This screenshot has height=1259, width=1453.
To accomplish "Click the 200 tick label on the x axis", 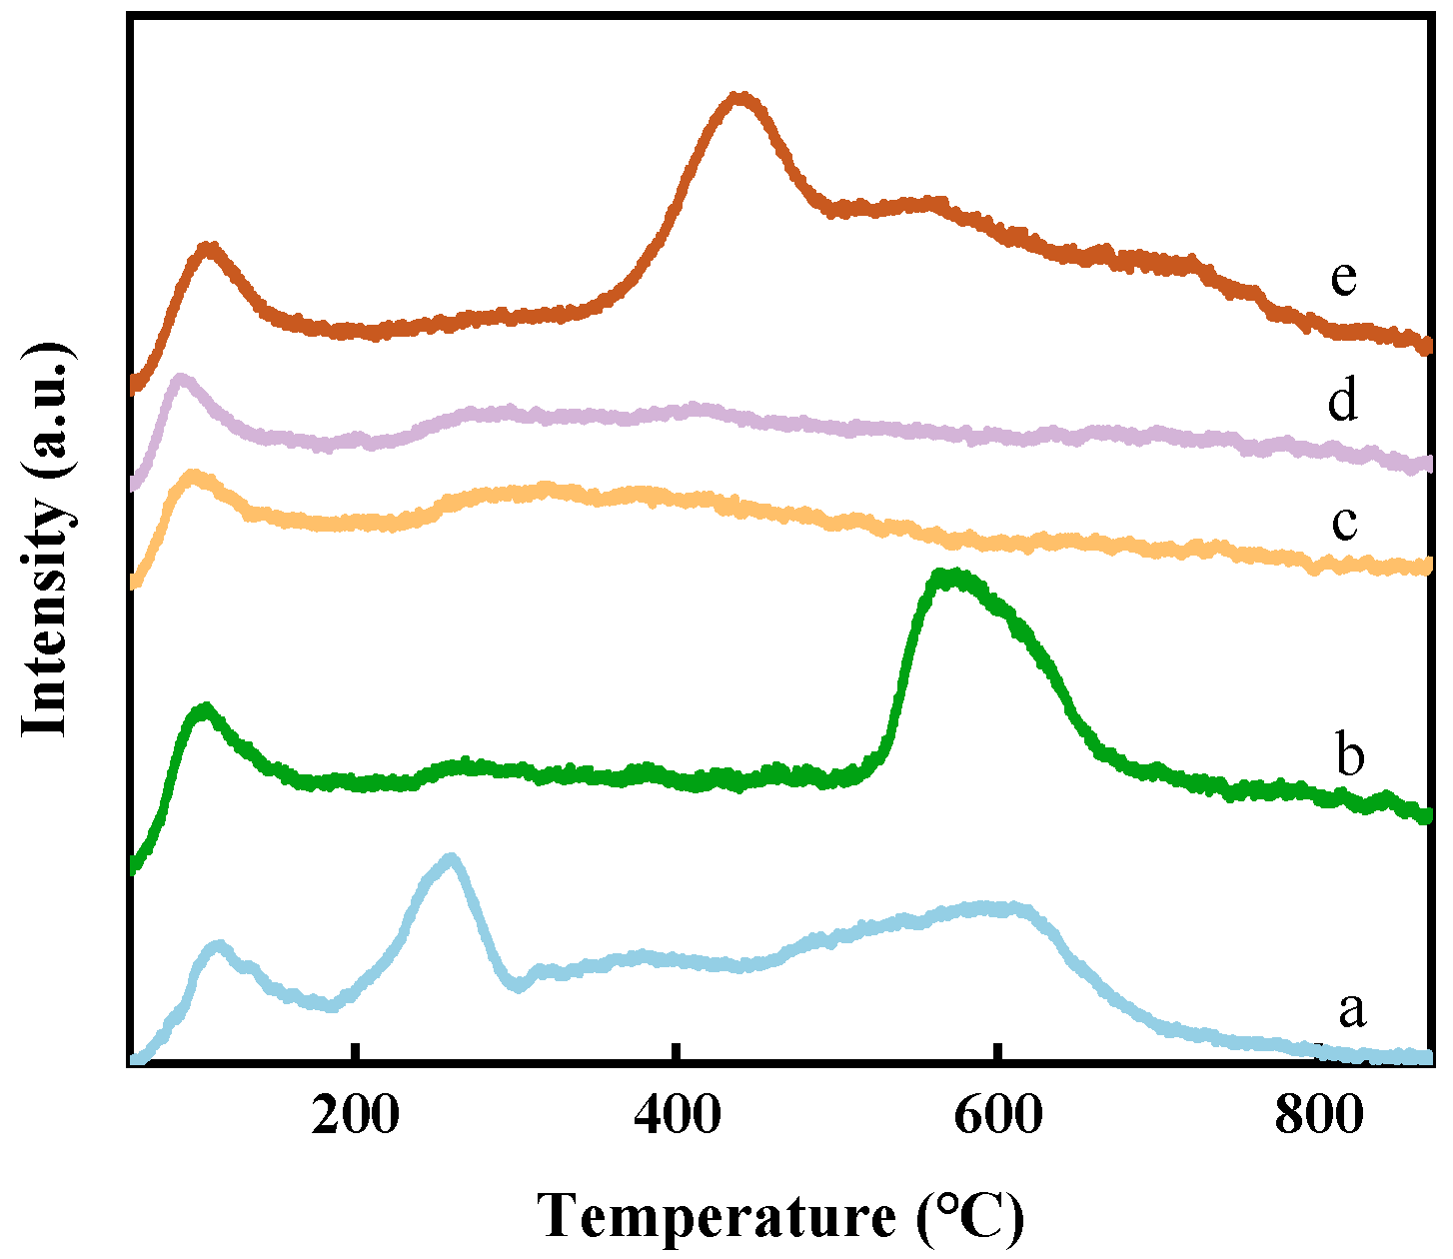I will point(355,1116).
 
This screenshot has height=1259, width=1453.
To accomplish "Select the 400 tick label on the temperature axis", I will point(677,1116).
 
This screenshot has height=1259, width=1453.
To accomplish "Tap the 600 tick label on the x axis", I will point(997,1116).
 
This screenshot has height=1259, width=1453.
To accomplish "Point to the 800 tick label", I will point(1318,1116).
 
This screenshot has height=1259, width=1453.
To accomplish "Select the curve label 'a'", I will point(1351,1010).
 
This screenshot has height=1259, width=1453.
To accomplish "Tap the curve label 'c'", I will point(1345,522).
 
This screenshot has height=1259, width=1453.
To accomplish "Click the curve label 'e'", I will point(1344,278).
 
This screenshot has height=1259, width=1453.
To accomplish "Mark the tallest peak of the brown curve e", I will point(739,98).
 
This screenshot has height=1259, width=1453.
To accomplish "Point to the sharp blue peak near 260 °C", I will point(451,859).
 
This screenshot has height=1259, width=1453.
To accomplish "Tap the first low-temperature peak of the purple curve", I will point(181,380).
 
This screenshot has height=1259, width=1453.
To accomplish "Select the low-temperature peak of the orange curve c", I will point(192,476).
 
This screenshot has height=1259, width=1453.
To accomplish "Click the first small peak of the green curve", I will point(205,709).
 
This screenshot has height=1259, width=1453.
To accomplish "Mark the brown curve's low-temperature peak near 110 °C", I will point(208,247).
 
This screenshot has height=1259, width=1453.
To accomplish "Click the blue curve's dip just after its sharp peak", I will point(517,985).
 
